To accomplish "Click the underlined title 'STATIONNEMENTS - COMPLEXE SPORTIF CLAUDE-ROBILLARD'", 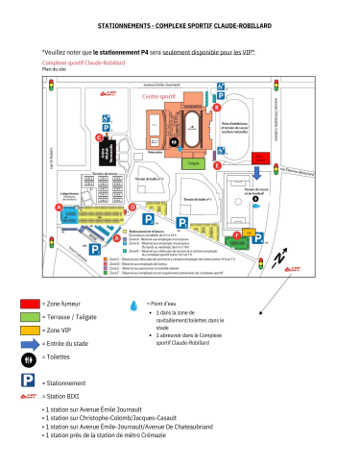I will tap(180, 31).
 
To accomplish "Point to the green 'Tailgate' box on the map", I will tap(195, 163).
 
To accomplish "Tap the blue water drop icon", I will tap(133, 303).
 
